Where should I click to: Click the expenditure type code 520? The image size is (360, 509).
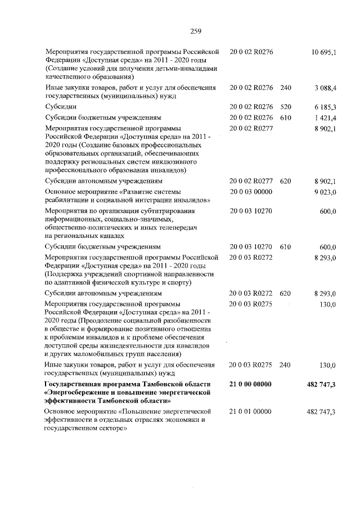coord(285,106)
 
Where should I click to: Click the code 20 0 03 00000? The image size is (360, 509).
coord(251,192)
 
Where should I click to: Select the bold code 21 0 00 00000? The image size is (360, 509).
coord(251,384)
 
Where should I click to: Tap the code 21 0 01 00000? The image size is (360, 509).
coord(251,412)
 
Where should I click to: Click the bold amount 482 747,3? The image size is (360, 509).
coord(321,385)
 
